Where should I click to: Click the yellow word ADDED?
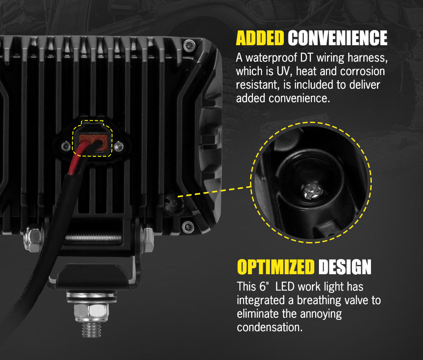pos(260,38)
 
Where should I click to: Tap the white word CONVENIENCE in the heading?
pos(338,38)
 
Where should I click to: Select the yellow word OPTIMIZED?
pos(276,267)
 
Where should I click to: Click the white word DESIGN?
pos(345,267)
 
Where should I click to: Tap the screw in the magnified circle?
pos(311,191)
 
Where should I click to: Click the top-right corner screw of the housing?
pos(189,44)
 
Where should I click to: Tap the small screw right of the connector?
pos(119,147)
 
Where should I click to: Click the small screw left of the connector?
pos(65,147)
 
